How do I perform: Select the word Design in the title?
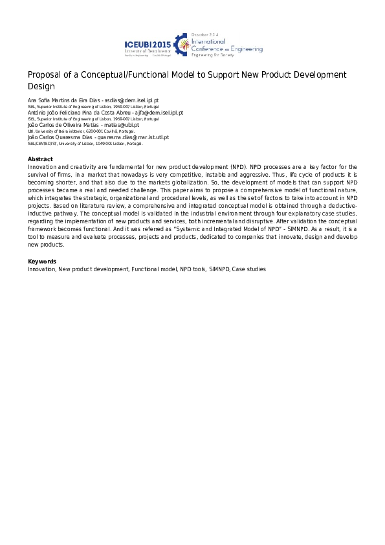[41, 86]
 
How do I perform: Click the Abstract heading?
[40, 159]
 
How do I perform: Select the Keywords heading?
[42, 261]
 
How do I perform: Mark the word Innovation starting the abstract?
[41, 167]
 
